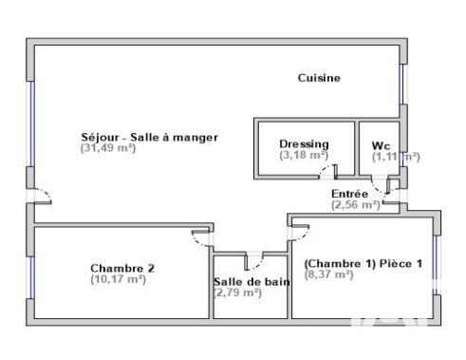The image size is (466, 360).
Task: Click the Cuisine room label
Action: click(318, 78)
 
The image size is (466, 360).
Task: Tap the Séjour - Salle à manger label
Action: click(149, 138)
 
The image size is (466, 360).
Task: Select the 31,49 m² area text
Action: click(108, 148)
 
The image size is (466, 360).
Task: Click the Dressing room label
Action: click(304, 144)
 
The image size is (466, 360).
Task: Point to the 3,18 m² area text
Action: click(304, 155)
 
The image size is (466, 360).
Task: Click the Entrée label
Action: click(349, 194)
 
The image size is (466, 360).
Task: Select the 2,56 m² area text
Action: click(355, 204)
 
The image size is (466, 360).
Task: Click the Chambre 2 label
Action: click(122, 268)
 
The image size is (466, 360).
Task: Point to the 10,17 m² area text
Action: click(118, 279)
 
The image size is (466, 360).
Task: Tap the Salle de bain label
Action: click(252, 281)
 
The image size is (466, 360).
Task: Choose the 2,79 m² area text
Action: click(238, 293)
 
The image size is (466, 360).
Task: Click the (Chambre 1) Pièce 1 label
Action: click(360, 263)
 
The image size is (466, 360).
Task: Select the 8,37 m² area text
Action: click(328, 275)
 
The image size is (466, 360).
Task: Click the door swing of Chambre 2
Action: click(201, 237)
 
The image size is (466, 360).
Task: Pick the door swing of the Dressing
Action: click(328, 171)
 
